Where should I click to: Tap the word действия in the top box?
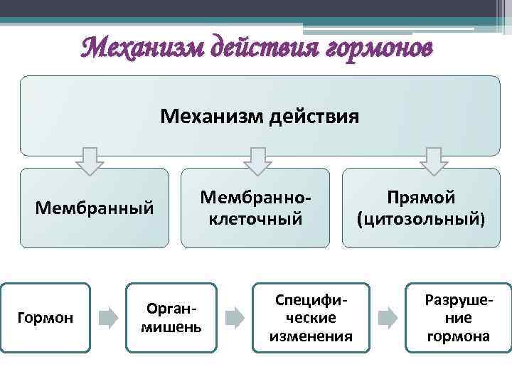312,114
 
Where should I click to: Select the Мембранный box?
95,208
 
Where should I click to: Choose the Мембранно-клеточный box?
255,208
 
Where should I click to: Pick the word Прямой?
421,197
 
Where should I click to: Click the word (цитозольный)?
421,219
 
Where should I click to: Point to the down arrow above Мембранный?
90,161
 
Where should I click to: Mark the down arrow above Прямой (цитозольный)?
434,161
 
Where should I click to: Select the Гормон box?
46,318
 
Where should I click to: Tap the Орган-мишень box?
171,318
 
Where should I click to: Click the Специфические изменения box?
311,318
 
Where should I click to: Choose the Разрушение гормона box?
458,318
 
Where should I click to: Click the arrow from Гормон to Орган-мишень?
107,318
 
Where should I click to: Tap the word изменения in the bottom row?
311,336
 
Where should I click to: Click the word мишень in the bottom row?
171,327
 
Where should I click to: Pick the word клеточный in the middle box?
255,219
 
